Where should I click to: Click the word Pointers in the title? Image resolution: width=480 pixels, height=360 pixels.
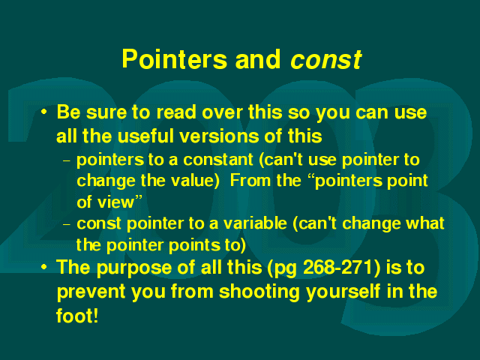click(175, 59)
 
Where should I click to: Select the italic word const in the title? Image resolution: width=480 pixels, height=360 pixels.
click(326, 59)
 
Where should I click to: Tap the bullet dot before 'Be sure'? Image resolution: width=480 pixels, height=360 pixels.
click(44, 112)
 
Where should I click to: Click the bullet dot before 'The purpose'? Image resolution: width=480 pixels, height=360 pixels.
click(44, 267)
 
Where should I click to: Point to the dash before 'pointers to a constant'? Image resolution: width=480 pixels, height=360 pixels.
click(67, 160)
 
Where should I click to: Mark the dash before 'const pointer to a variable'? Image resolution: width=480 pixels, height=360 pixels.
click(67, 224)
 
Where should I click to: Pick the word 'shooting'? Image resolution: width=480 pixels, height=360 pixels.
click(259, 292)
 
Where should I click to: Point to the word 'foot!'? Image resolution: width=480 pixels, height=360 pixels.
click(77, 316)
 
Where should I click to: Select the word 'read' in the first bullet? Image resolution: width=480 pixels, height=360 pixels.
click(176, 112)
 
